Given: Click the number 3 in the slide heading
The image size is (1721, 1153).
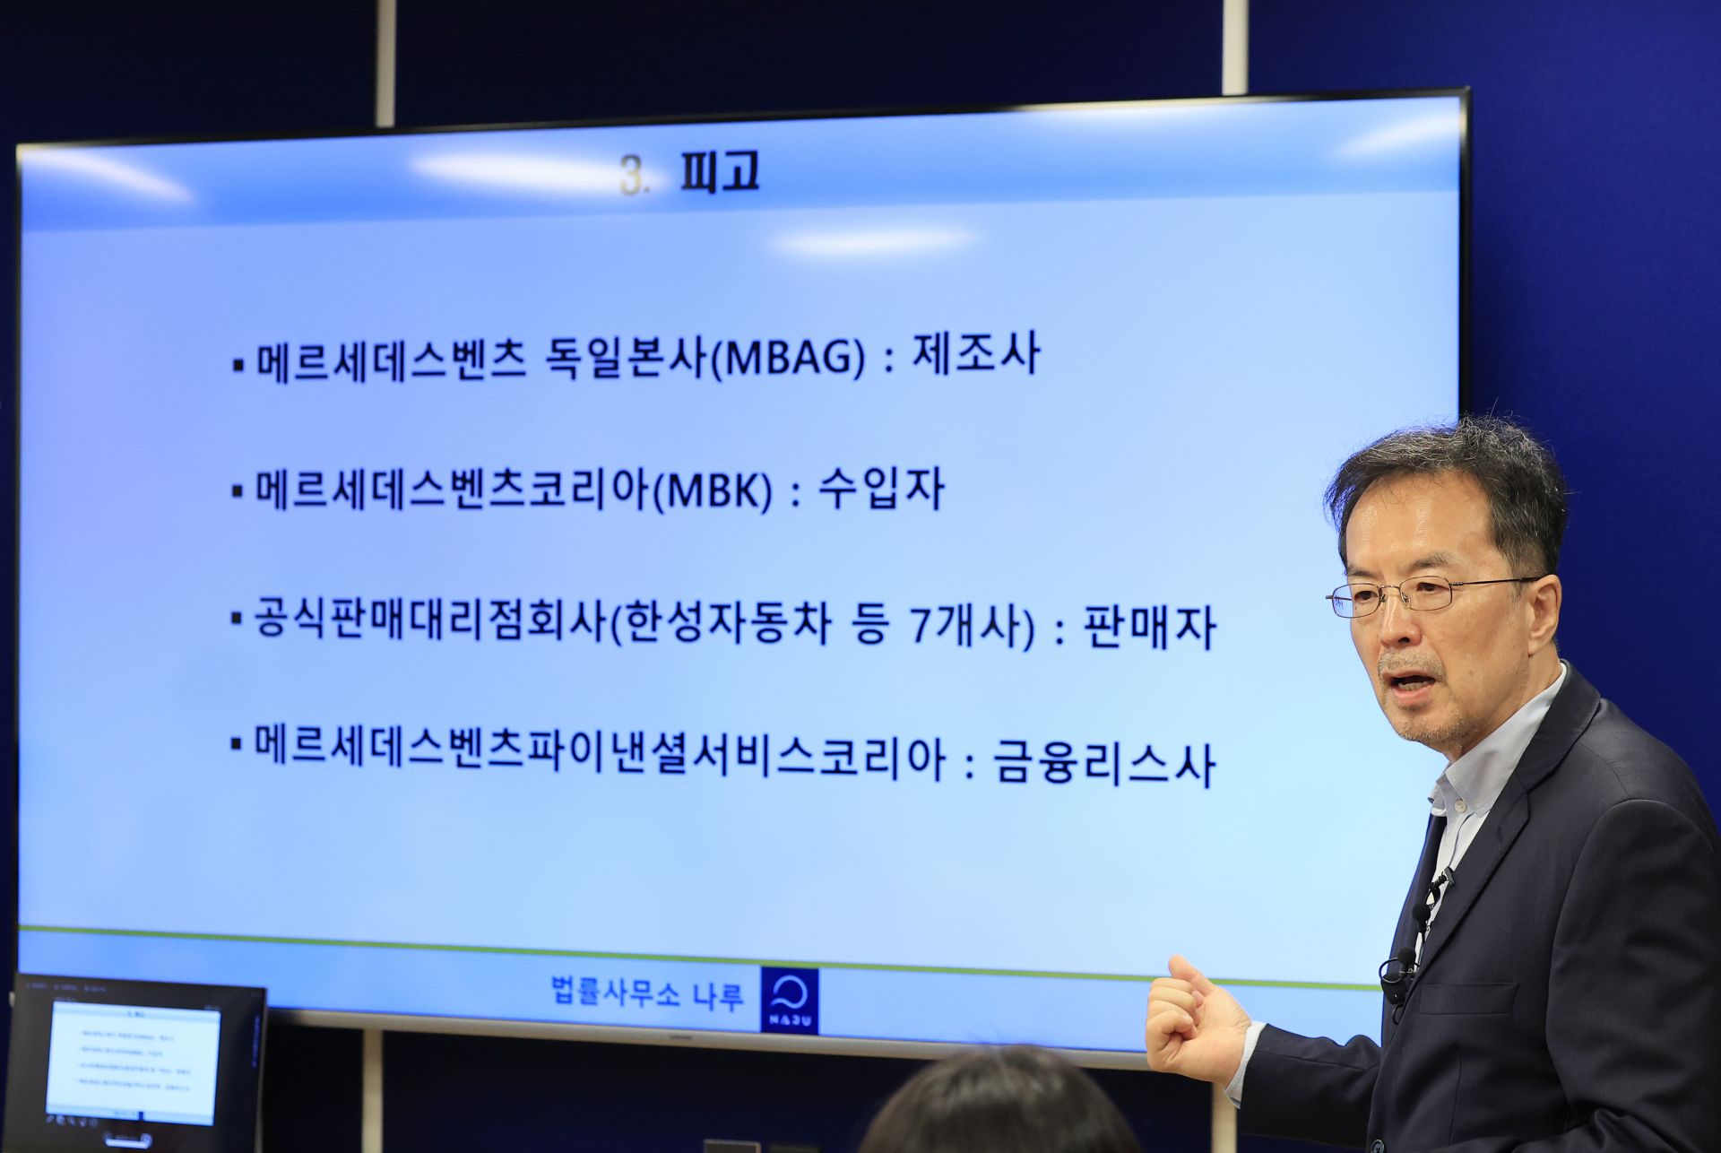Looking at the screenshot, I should click(632, 176).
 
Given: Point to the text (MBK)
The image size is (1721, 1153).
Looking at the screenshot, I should click(713, 492).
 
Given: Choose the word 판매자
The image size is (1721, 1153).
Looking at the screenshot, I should click(1149, 628).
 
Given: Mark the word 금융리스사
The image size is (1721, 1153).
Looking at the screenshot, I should click(1103, 765).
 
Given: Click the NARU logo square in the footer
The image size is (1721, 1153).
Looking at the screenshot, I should click(790, 1000).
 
